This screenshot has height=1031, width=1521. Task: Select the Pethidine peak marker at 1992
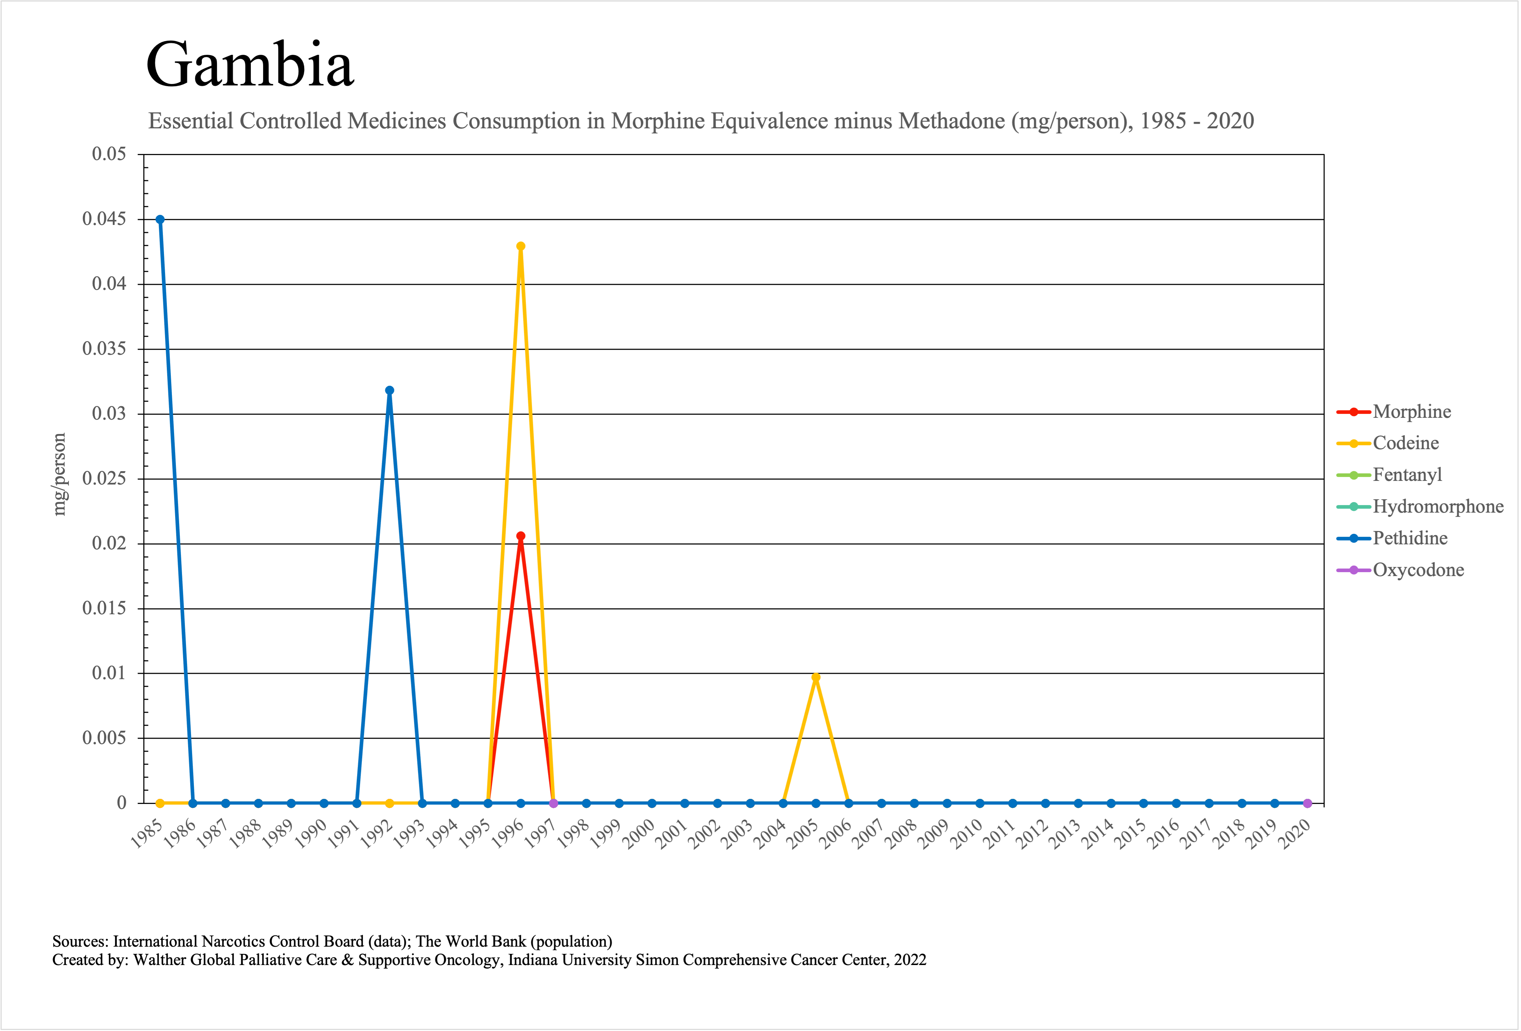[390, 390]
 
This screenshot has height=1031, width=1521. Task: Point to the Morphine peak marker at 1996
[520, 536]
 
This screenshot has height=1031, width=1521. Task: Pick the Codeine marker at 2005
[815, 677]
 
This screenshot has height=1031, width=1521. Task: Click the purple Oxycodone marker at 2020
[1307, 803]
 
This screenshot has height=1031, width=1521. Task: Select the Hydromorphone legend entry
[1437, 506]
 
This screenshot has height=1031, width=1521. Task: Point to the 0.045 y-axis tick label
[104, 219]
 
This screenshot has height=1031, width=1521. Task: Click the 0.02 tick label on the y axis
[109, 543]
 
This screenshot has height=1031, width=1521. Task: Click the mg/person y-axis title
[59, 475]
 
